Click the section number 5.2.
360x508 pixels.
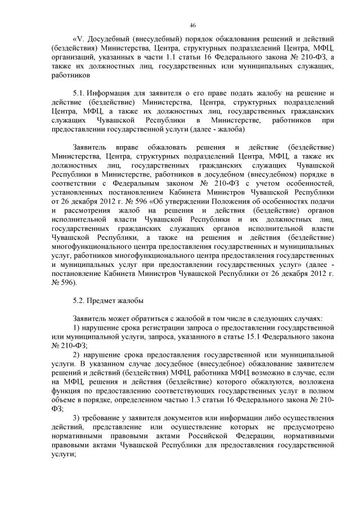click(x=79, y=301)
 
